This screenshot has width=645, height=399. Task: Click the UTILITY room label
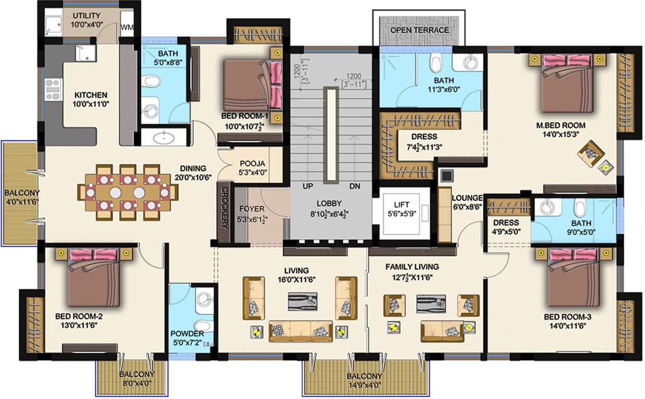tap(86, 16)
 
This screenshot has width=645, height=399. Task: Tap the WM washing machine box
tap(127, 27)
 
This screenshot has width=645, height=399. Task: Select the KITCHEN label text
tap(91, 95)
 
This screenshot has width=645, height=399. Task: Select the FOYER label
tap(252, 209)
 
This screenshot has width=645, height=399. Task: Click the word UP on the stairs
tap(308, 185)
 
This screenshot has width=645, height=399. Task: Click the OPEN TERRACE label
tap(419, 30)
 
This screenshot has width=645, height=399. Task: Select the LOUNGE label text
tap(467, 198)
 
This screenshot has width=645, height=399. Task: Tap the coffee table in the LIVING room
tap(303, 301)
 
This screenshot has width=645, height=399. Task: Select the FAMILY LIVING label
tap(411, 267)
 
